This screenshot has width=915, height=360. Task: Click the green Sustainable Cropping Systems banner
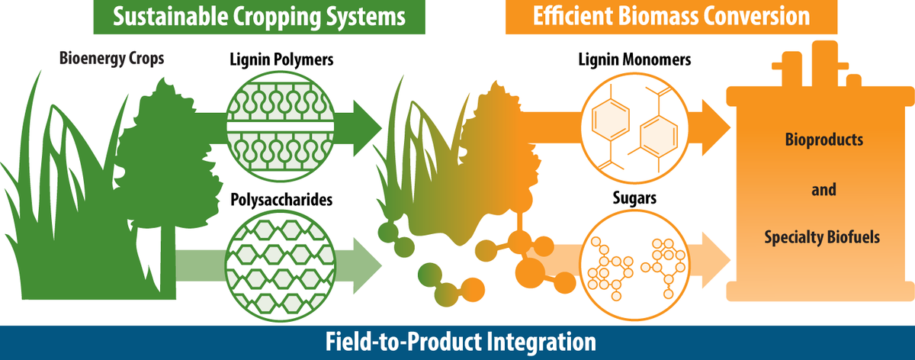(259, 17)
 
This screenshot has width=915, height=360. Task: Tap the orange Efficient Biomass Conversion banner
(671, 17)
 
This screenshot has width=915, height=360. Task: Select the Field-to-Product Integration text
(461, 342)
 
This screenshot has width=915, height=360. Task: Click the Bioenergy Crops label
(111, 59)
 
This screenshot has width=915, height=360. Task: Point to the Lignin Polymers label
(281, 59)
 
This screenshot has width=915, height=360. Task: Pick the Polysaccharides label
(281, 200)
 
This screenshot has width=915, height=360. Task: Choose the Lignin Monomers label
(634, 59)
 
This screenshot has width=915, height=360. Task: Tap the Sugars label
(634, 198)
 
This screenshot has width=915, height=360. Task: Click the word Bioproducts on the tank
(824, 140)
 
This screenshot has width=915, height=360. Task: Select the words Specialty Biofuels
(822, 237)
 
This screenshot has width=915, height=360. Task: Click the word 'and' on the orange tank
(823, 190)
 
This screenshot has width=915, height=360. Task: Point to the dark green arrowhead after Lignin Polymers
(366, 128)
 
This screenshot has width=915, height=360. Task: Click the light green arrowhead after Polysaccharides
(366, 266)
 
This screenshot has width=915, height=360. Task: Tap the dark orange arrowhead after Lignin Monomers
(715, 128)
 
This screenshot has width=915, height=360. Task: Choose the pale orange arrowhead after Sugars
(715, 260)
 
